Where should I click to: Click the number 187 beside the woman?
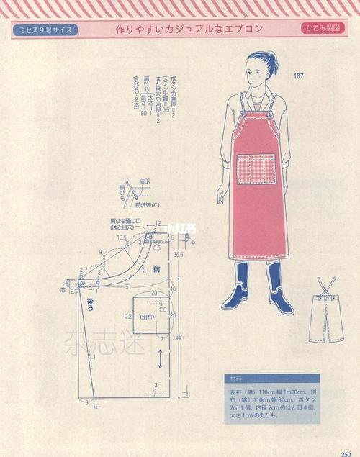[x=299, y=76]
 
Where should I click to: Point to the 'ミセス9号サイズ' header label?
[x=45, y=30]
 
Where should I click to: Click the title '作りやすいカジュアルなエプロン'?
[x=189, y=30]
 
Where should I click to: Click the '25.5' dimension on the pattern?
[x=177, y=255]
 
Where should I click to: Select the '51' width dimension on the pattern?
[x=127, y=286]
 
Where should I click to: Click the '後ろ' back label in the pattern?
[x=91, y=304]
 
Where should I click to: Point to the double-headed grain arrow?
[x=160, y=358]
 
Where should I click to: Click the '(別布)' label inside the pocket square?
[x=147, y=317]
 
